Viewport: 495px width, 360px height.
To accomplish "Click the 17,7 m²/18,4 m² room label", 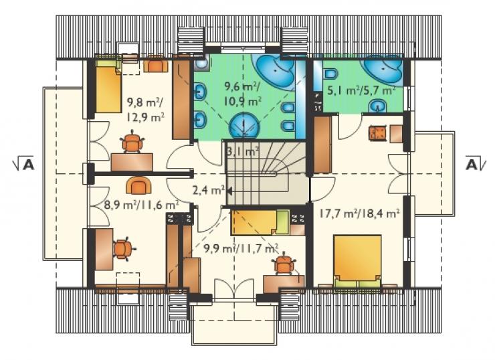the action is tap(359, 213).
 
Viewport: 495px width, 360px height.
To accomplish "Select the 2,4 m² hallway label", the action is tap(208, 190).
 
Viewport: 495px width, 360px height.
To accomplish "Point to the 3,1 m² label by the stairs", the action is tap(243, 152).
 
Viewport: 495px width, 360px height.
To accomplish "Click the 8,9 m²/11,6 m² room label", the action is tap(141, 205).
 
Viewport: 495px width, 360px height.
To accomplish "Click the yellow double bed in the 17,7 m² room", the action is tap(357, 262).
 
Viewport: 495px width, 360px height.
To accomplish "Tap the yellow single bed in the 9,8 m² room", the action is tap(108, 85).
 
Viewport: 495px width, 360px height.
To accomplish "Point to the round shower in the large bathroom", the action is tap(243, 126).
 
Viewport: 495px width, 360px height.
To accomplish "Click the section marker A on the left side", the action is tap(23, 165).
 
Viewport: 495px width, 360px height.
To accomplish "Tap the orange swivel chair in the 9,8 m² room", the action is tap(132, 142).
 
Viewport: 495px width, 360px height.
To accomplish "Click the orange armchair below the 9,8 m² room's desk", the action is tap(138, 185).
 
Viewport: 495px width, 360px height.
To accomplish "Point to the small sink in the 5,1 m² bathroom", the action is tap(377, 106).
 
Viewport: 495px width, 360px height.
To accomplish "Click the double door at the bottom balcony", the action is tap(234, 288).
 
